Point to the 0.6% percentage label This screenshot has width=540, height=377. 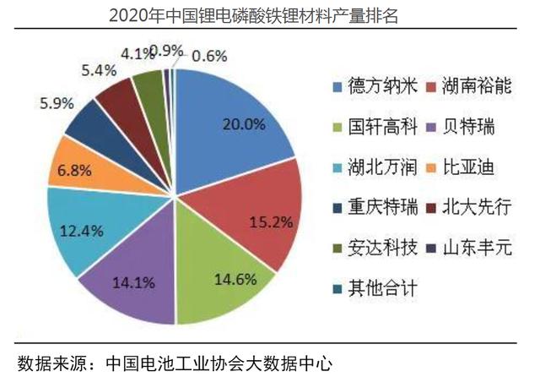tap(210, 55)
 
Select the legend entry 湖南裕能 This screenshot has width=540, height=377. tap(481, 86)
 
